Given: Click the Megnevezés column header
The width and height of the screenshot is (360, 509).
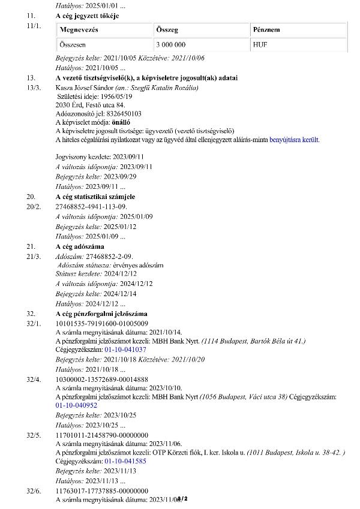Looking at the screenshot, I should (79, 30).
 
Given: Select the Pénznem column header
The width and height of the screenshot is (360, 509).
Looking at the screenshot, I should (266, 30).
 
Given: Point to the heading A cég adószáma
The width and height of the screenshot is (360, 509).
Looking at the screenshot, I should (80, 247).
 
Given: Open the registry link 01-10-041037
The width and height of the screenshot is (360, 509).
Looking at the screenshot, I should (125, 349).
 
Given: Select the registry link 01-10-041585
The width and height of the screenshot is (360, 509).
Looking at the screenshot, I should (125, 462).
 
